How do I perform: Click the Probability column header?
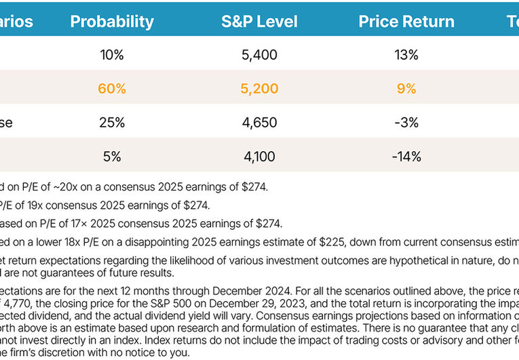[x=112, y=21]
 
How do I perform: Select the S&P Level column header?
[x=259, y=21]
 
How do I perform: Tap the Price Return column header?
[x=406, y=21]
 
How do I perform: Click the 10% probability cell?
[x=112, y=55]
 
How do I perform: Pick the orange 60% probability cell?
[x=112, y=89]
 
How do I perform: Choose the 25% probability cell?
[x=112, y=123]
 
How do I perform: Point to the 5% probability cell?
[x=112, y=157]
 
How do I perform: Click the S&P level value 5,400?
[x=259, y=55]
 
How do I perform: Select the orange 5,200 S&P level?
[x=259, y=89]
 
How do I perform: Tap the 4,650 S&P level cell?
[x=259, y=123]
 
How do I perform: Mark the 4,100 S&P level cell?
[x=259, y=157]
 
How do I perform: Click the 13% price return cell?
[x=406, y=55]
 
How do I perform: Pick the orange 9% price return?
[x=406, y=89]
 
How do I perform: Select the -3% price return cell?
[x=406, y=123]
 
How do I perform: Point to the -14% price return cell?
[x=406, y=157]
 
